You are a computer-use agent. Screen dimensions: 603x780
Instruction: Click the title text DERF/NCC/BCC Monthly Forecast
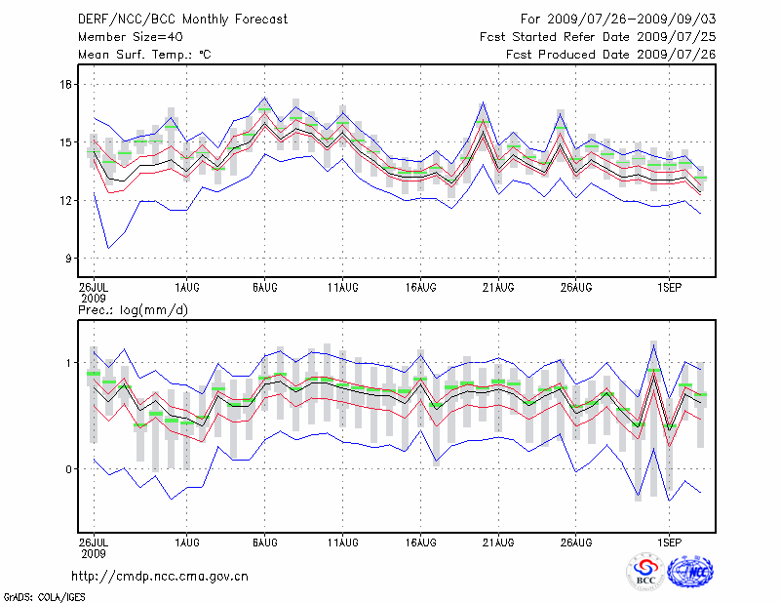[x=174, y=19]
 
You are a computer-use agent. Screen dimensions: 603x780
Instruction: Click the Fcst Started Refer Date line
[x=598, y=36]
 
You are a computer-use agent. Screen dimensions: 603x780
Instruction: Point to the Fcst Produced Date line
[x=610, y=54]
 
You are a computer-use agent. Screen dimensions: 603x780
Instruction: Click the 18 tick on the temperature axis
[x=65, y=85]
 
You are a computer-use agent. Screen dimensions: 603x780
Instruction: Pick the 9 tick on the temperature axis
[x=68, y=259]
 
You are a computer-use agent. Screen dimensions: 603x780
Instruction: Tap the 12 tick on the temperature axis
[x=65, y=201]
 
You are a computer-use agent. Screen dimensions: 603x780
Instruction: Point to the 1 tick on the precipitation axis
[x=69, y=363]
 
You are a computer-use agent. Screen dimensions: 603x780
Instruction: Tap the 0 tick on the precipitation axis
[x=69, y=469]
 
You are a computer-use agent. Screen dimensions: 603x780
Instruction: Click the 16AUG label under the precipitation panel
[x=420, y=540]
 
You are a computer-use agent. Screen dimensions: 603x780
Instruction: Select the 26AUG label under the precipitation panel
[x=576, y=540]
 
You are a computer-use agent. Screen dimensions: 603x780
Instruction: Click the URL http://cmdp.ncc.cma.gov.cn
[x=160, y=576]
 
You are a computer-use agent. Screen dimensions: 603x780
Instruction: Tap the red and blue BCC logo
[x=645, y=571]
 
